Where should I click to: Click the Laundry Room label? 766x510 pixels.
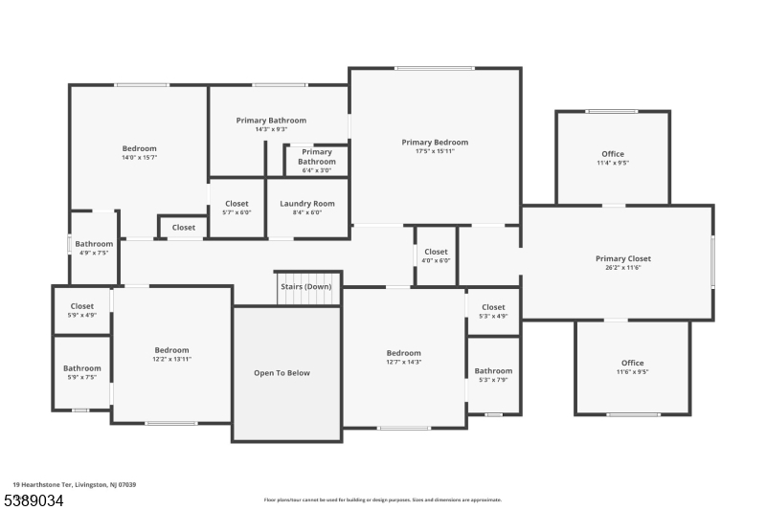306,203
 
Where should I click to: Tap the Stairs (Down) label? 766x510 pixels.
306,286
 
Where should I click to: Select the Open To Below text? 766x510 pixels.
282,373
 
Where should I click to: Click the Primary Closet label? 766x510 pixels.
623,258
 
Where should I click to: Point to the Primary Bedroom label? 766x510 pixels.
435,142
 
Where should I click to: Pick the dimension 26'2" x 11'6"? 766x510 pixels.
623,270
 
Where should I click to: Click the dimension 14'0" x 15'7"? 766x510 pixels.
139,158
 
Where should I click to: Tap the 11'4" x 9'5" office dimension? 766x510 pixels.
613,164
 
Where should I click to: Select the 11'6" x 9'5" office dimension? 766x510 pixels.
632,373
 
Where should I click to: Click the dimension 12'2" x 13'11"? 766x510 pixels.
172,360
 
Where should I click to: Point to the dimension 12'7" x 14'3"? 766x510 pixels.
403,362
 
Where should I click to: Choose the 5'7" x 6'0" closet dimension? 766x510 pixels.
237,212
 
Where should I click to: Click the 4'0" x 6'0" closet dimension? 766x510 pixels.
436,260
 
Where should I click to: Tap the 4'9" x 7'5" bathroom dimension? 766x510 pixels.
94,254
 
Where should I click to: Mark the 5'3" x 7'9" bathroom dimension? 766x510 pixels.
493,380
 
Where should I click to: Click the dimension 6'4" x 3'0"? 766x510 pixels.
317,171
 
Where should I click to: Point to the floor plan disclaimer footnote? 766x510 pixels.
382,499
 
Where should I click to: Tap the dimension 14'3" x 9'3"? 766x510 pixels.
271,129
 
